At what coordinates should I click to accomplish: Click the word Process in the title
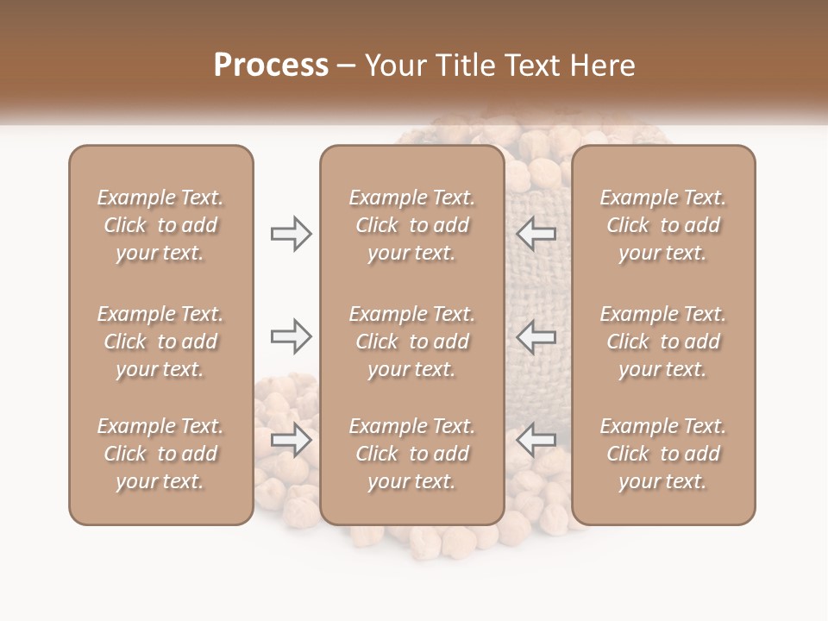(271, 66)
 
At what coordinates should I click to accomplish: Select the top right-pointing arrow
(291, 234)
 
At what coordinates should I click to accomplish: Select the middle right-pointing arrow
(291, 336)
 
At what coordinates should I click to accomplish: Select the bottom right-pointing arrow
(291, 440)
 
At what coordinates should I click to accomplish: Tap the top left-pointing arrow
(536, 234)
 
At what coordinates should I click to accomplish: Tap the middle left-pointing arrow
(536, 336)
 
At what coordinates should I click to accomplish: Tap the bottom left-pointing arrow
(536, 440)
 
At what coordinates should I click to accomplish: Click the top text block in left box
(160, 225)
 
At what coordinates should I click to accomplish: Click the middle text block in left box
(160, 342)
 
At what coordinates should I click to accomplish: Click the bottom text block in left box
(160, 454)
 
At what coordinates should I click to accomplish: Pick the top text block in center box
(411, 225)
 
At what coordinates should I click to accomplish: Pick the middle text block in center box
(411, 342)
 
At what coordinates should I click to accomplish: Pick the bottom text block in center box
(411, 454)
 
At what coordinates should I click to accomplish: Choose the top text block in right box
(662, 225)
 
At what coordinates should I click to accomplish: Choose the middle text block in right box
(662, 342)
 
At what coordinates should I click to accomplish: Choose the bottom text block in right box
(662, 454)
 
